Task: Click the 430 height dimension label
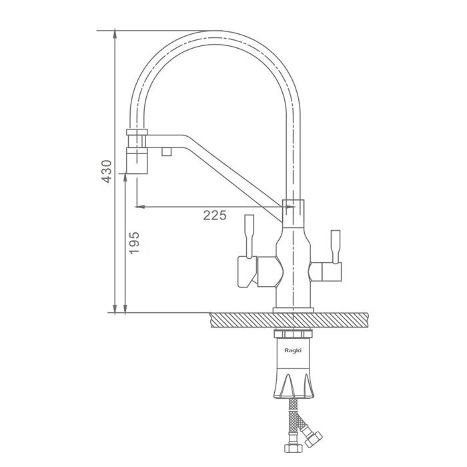coord(106,171)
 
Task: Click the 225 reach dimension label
coord(215,215)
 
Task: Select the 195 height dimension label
coord(134,243)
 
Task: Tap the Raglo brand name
coord(293,350)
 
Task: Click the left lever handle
coord(249,236)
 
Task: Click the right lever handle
coord(336,246)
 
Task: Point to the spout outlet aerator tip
coord(137,161)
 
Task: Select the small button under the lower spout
coord(167,152)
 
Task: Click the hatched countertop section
coord(289,320)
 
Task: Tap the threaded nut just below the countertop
coord(293,333)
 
